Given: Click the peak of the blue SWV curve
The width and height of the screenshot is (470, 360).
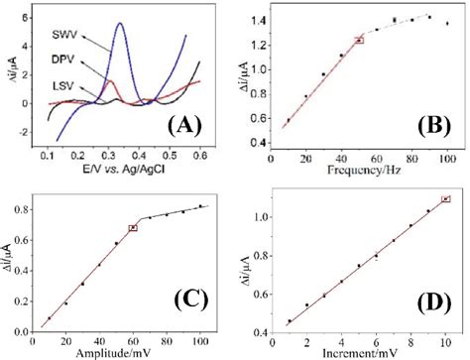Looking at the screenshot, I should tap(121, 24).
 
